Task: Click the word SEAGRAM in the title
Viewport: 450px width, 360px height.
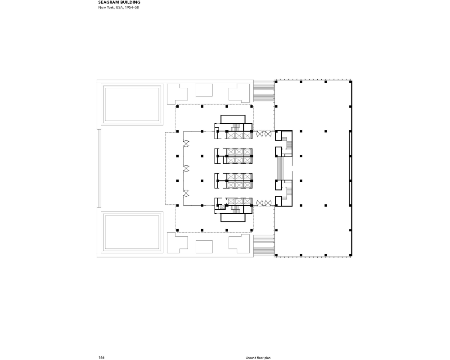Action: pos(108,2)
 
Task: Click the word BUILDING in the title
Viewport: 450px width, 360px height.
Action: pos(130,2)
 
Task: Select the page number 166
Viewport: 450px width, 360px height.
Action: pos(101,357)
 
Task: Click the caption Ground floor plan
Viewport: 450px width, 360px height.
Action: pos(258,358)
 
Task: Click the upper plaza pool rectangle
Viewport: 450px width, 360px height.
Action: pos(132,104)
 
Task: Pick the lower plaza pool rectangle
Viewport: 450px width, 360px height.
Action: pos(132,232)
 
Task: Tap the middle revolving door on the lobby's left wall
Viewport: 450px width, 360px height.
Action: pos(186,168)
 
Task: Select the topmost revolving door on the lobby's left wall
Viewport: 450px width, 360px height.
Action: pos(186,144)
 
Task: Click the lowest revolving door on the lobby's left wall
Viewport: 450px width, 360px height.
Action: pos(186,193)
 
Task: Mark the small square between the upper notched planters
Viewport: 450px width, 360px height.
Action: pos(204,90)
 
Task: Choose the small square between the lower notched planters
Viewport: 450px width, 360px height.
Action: pos(204,247)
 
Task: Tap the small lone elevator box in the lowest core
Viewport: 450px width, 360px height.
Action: pos(222,207)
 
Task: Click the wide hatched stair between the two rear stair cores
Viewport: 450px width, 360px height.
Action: pos(280,168)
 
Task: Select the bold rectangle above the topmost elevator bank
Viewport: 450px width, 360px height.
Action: pos(233,119)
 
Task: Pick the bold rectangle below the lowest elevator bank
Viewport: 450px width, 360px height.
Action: pos(233,218)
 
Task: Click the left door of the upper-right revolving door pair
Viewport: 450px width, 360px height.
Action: pos(260,134)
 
